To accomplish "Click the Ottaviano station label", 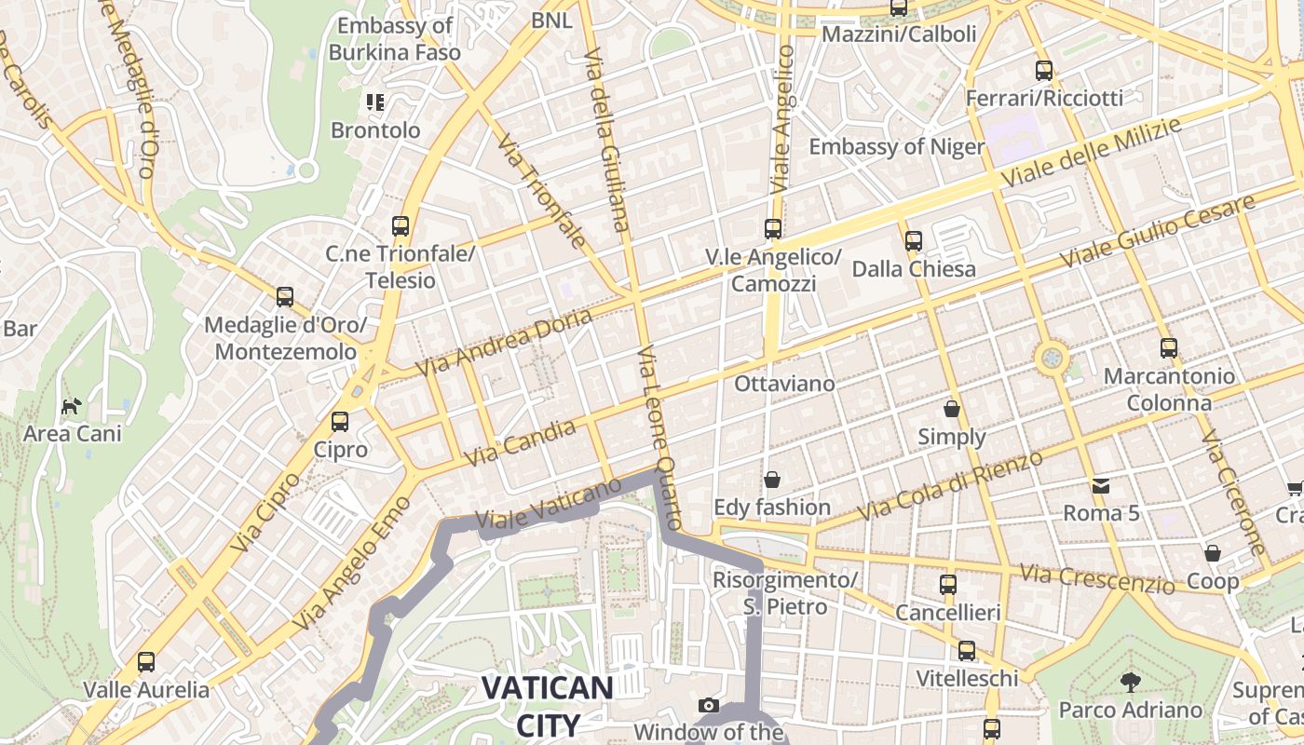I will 784,384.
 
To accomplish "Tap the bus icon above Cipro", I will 340,422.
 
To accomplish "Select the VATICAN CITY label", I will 547,707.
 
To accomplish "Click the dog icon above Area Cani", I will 72,406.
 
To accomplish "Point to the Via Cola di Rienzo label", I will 950,486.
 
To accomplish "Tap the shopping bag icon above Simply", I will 951,409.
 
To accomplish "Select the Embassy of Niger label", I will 896,147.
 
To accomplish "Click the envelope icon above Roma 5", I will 1101,485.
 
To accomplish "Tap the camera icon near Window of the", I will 708,705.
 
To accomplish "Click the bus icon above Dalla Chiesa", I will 914,241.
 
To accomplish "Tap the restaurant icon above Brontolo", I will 375,102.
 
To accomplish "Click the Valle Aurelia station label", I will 146,690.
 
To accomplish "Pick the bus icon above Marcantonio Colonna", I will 1169,348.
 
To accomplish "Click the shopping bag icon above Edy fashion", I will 771,480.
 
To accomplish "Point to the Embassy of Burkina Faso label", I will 395,39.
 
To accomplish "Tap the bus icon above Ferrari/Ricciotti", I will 1044,71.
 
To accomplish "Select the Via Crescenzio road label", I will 1097,578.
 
